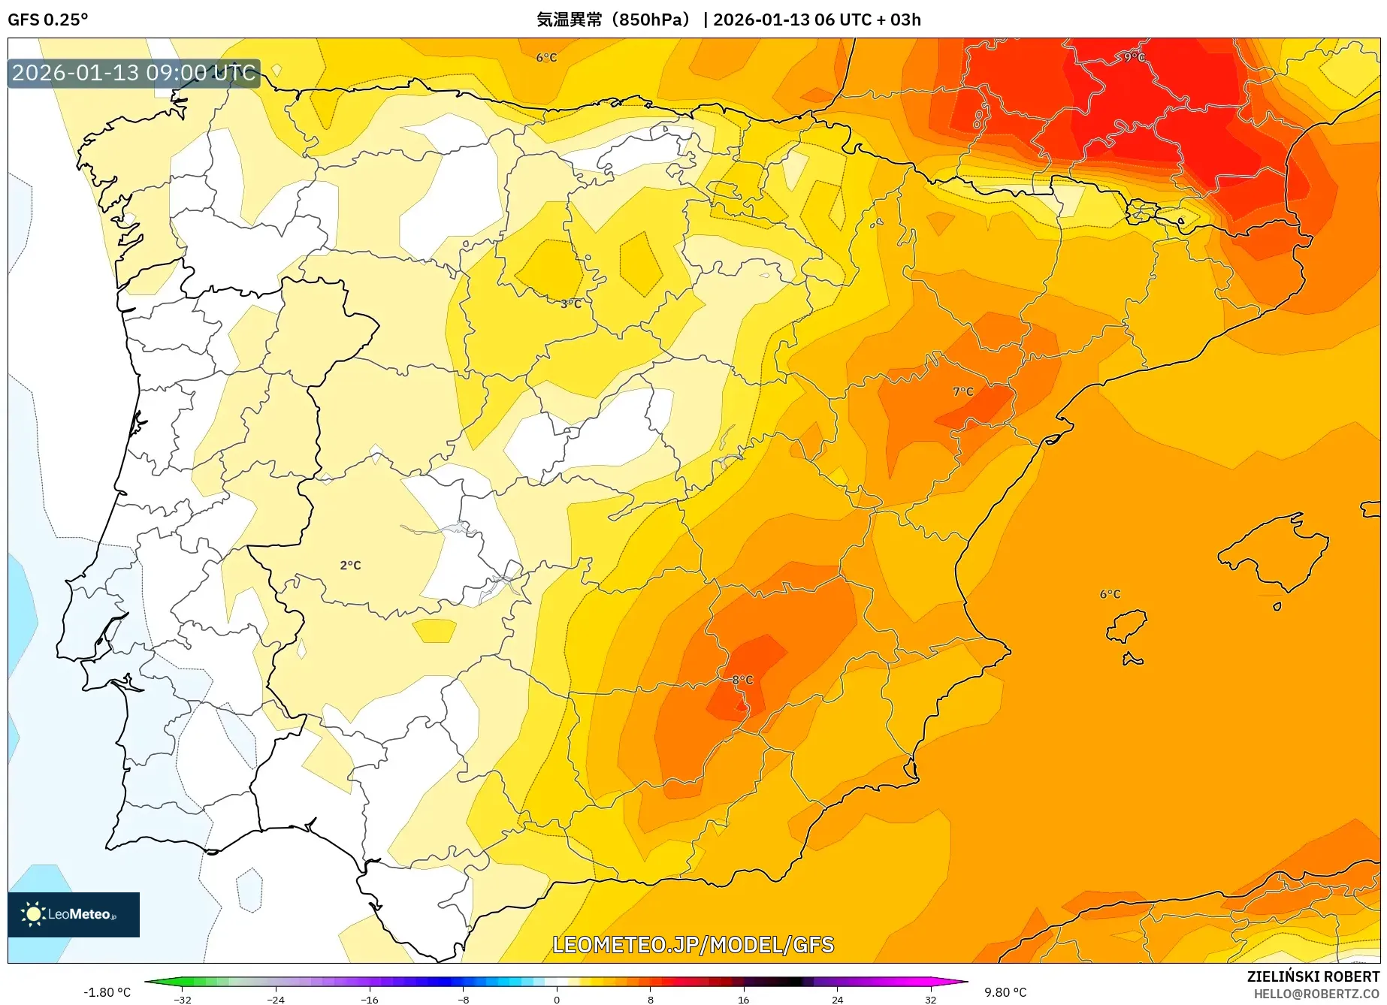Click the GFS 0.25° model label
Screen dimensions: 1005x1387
tap(48, 20)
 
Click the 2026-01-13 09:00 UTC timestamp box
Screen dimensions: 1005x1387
tap(134, 73)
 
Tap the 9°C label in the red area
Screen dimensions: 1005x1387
tap(1134, 57)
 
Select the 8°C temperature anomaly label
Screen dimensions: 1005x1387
tap(742, 680)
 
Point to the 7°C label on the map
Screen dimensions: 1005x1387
tap(962, 391)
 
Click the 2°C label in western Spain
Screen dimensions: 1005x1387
tap(350, 565)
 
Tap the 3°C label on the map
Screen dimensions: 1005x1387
tap(571, 303)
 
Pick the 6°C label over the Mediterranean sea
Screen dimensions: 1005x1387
tap(1110, 593)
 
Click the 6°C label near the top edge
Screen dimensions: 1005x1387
tap(546, 57)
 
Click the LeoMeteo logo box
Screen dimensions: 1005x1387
tap(74, 914)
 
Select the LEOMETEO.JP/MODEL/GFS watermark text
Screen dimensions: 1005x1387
tap(693, 944)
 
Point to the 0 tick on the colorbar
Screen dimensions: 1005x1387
tap(557, 999)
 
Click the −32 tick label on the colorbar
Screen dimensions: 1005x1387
tap(183, 999)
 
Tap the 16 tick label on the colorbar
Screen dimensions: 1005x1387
tap(743, 999)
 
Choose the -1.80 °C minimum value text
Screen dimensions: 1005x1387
tap(107, 992)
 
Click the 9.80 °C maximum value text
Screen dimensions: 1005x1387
tap(1005, 992)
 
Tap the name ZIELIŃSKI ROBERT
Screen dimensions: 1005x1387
tap(1313, 976)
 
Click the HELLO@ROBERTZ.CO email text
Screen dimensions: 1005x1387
tap(1316, 994)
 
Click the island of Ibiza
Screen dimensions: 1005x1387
tap(1127, 625)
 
